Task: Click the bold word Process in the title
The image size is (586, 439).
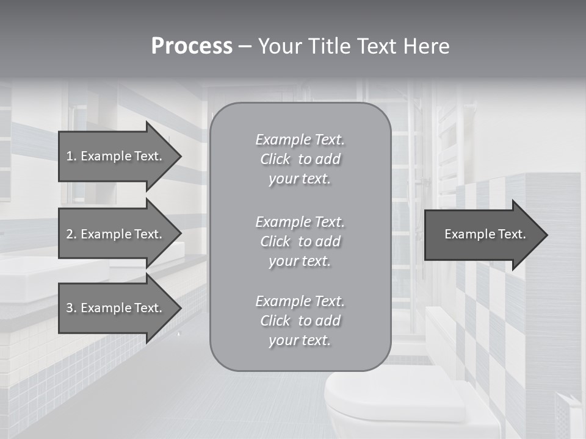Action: tap(192, 46)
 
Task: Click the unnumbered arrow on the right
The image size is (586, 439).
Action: tap(482, 234)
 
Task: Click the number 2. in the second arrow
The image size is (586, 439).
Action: tap(71, 234)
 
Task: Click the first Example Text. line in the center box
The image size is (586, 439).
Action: tap(300, 140)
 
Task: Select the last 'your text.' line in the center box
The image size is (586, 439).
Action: tap(300, 340)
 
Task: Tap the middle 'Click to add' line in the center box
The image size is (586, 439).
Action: tap(300, 241)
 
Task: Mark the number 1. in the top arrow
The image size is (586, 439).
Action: tap(71, 156)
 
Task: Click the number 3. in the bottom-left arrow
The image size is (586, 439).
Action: tap(71, 308)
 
